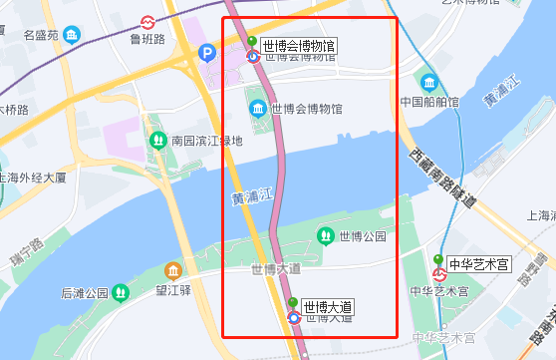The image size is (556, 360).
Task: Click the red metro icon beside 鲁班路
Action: (147, 21)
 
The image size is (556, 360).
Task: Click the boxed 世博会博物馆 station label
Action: (299, 45)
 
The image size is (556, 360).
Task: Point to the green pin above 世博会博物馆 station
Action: (252, 42)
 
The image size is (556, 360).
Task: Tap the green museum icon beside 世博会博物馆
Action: (257, 108)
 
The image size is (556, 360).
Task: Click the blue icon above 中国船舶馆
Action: (429, 82)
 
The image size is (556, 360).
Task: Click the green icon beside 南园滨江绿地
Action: (157, 142)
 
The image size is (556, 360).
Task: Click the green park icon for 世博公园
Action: (325, 235)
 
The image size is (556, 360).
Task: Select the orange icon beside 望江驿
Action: (173, 271)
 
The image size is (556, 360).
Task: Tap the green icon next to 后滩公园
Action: (122, 293)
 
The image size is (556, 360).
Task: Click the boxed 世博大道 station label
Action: (329, 306)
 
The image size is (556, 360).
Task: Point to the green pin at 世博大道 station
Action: (293, 302)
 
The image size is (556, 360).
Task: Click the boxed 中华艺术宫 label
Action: (479, 264)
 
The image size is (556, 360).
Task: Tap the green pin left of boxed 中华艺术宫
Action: (438, 259)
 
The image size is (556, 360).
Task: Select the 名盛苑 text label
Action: (41, 36)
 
